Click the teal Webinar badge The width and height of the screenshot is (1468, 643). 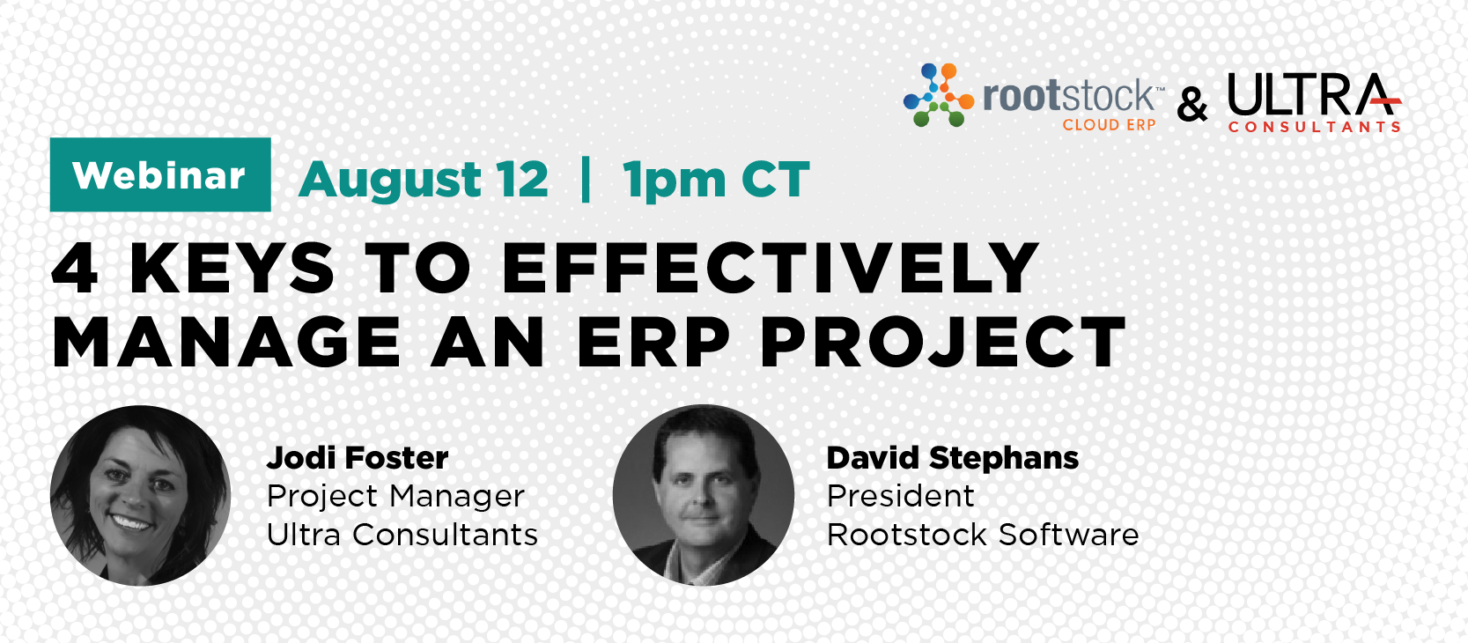tap(160, 174)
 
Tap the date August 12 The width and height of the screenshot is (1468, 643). tap(424, 179)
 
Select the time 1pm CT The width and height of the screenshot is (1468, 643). tap(716, 179)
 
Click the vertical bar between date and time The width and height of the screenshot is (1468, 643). tap(586, 178)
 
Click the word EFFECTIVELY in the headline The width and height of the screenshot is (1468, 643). tap(770, 268)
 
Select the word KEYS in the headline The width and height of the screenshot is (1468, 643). tap(232, 268)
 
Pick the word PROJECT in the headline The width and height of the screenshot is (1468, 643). tap(942, 342)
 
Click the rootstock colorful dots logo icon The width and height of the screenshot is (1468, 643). tap(939, 95)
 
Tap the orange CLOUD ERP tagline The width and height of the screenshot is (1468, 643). tap(1109, 124)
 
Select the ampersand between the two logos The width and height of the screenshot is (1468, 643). tap(1192, 106)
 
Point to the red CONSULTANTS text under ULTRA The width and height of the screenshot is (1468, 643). tap(1314, 127)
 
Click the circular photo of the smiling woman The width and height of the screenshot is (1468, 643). tap(140, 495)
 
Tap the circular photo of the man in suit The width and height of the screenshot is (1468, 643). tap(704, 495)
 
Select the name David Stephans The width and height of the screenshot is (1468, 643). tap(952, 457)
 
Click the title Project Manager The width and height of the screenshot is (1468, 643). tap(395, 496)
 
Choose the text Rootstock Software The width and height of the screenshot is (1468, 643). tap(983, 534)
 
